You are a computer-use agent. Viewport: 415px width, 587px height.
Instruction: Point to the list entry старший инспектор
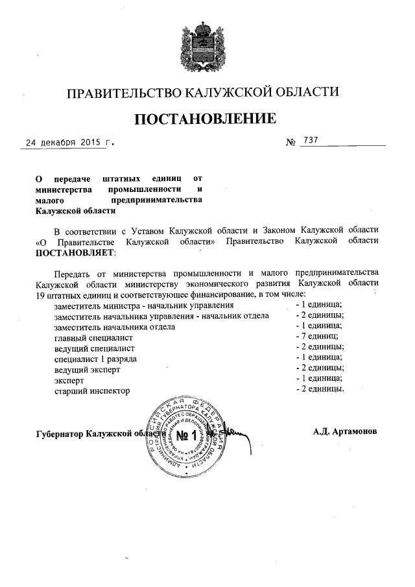93,391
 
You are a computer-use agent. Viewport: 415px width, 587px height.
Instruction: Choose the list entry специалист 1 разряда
97,359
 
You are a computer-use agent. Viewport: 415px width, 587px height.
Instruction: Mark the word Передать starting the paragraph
74,272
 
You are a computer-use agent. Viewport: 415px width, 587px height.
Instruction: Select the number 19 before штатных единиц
41,294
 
